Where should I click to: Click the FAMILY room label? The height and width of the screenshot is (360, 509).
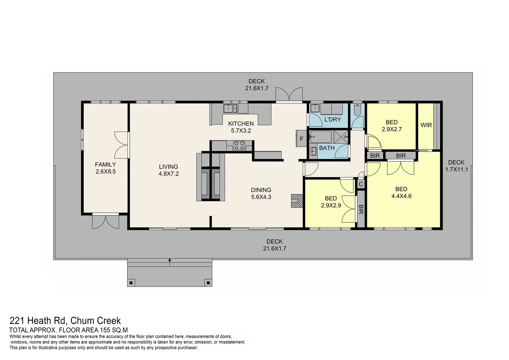105,164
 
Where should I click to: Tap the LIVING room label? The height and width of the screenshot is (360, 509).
169,167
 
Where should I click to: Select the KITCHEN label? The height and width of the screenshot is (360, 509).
241,124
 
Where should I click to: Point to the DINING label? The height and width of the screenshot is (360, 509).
261,190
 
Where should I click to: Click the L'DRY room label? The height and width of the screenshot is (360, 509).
332,119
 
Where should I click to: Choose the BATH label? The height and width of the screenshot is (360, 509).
327,148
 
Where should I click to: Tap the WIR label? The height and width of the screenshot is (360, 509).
426,125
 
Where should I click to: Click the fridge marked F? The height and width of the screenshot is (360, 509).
301,138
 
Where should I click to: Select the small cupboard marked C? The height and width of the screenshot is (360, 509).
361,184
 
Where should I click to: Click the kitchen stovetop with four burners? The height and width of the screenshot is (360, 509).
239,145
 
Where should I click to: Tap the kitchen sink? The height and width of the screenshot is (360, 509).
230,108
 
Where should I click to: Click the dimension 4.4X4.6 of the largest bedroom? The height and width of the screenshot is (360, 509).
401,196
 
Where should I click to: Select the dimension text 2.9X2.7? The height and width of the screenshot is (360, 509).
392,129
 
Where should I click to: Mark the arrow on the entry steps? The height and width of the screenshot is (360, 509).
170,262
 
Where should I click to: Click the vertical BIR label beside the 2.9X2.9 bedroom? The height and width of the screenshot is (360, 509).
361,209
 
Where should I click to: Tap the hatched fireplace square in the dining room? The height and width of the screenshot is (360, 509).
297,201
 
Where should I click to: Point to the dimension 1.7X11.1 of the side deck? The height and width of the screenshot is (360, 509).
457,169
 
